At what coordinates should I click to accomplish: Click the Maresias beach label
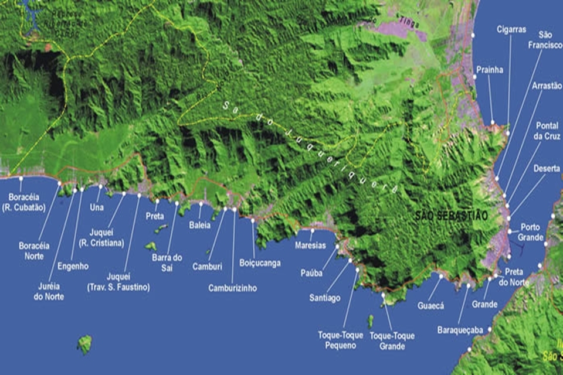coord(311,246)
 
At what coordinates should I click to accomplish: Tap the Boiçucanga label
coord(260,263)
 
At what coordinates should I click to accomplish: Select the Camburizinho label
coord(232,288)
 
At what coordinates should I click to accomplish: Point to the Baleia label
coord(199,225)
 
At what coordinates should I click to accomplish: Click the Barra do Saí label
coord(167,261)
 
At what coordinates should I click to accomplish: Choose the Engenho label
coord(73,265)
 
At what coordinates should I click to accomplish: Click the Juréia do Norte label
coord(49,292)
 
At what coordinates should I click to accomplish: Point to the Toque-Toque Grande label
coord(392,340)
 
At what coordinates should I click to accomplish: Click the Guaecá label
coord(431,306)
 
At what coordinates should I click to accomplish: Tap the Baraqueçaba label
coord(460,330)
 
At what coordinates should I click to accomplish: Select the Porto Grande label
coord(530,233)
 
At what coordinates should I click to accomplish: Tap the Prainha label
coord(490,70)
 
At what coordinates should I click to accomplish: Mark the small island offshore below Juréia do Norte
coord(85,344)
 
